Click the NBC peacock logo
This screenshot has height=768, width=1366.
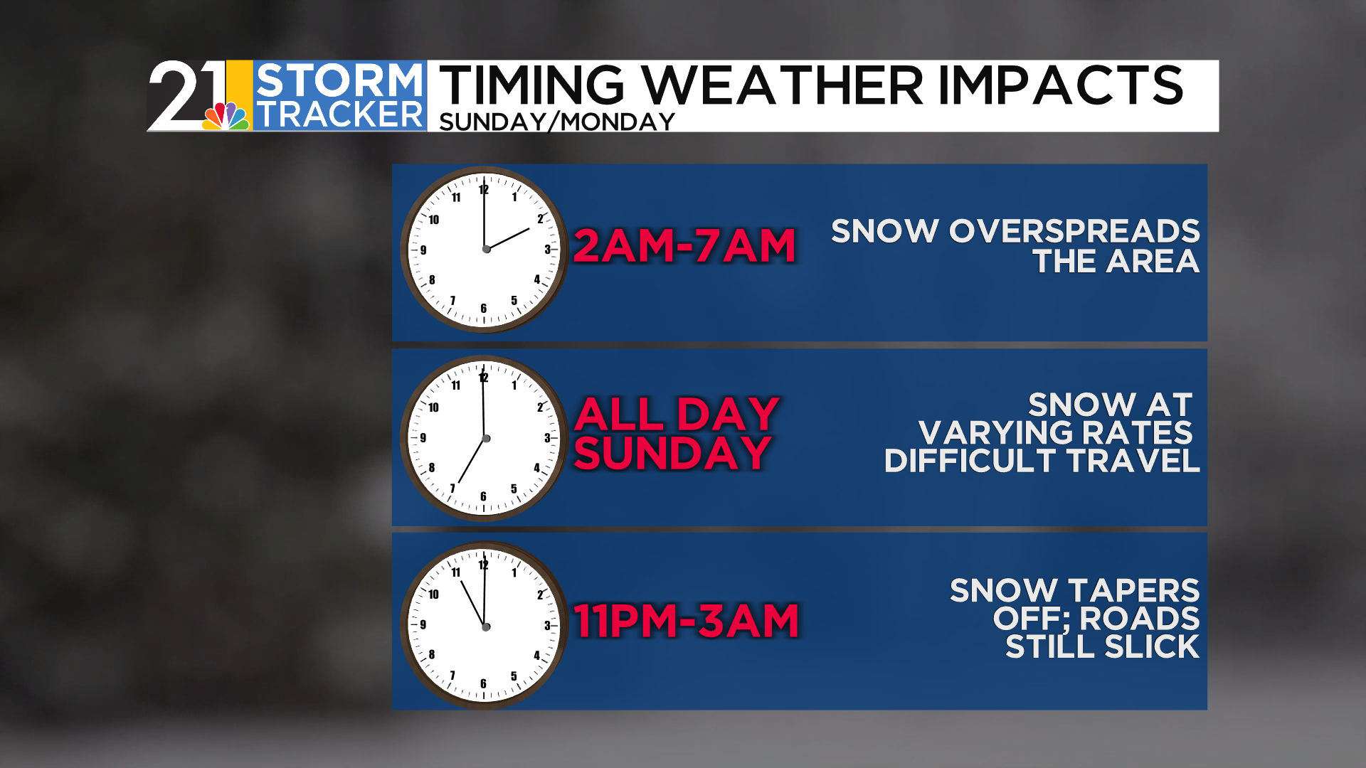pos(227,116)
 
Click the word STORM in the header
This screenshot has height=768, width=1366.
pos(339,80)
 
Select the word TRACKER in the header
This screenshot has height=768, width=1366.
pos(339,114)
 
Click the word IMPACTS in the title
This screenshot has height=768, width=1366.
pos(1061,85)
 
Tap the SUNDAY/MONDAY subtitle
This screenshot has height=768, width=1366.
pos(557,122)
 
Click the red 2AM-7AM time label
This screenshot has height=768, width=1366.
pos(684,246)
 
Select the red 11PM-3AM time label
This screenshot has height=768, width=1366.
pos(687,621)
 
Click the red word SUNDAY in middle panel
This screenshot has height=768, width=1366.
pos(673,453)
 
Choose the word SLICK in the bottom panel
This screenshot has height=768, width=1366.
pos(1153,647)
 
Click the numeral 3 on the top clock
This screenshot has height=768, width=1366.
pos(547,250)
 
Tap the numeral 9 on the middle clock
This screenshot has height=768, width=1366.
pos(423,438)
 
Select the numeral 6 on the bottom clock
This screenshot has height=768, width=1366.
pos(484,684)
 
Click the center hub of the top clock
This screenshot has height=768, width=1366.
pos(487,249)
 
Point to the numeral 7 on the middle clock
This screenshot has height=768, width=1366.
pos(452,488)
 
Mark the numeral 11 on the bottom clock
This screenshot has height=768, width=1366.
pos(456,572)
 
